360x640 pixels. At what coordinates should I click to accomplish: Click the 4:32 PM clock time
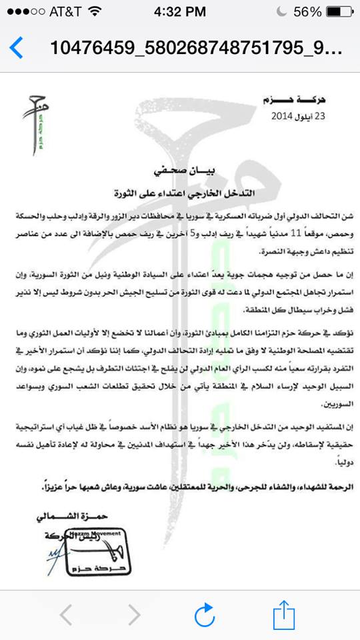point(180,13)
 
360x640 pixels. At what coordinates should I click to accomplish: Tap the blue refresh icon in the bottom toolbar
point(203,615)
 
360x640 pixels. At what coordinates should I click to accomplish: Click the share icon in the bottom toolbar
point(283,614)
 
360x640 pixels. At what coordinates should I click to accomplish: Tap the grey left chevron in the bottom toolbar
point(66,615)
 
